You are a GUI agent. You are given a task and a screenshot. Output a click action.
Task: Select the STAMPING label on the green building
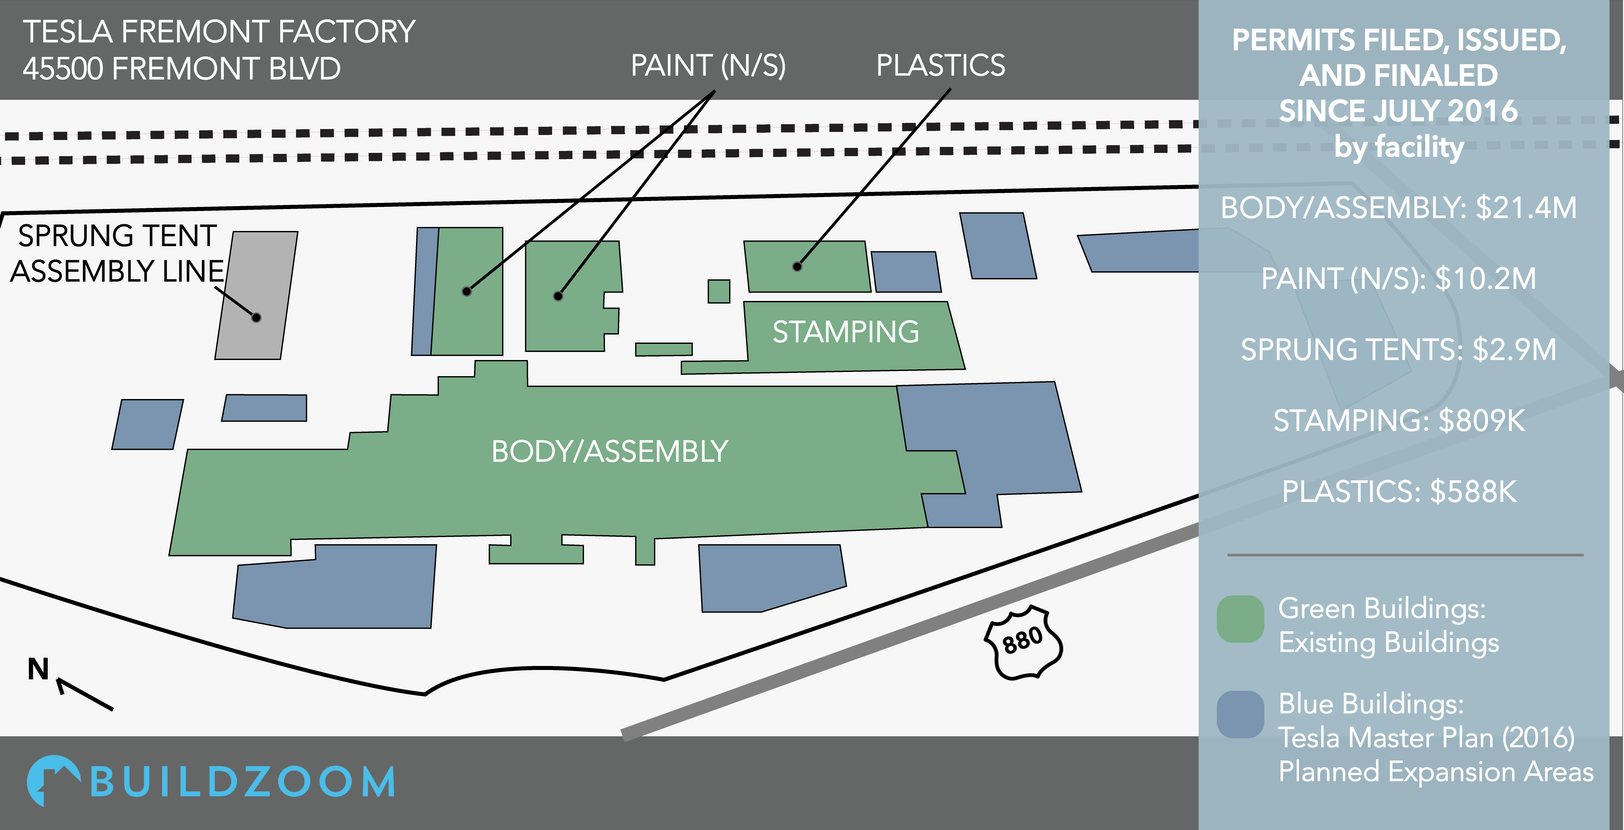846,332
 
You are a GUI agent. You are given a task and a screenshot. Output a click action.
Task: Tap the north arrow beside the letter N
85,694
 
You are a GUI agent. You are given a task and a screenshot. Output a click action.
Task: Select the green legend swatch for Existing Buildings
1240,619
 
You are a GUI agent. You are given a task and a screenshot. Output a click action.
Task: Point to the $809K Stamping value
1481,421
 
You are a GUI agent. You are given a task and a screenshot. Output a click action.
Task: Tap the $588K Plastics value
1473,492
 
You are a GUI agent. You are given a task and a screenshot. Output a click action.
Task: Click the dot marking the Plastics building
797,266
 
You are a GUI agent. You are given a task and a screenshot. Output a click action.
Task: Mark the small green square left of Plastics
719,291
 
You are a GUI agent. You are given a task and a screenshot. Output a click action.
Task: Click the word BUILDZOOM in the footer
243,782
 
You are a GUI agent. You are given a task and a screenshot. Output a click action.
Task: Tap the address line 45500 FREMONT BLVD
182,69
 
